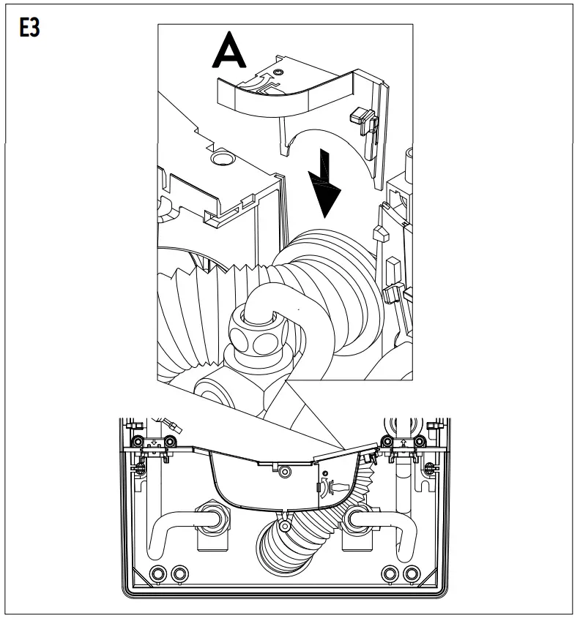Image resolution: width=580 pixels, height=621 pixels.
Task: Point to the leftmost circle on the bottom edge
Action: point(156,572)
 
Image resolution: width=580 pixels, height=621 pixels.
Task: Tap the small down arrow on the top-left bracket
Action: point(153,441)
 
